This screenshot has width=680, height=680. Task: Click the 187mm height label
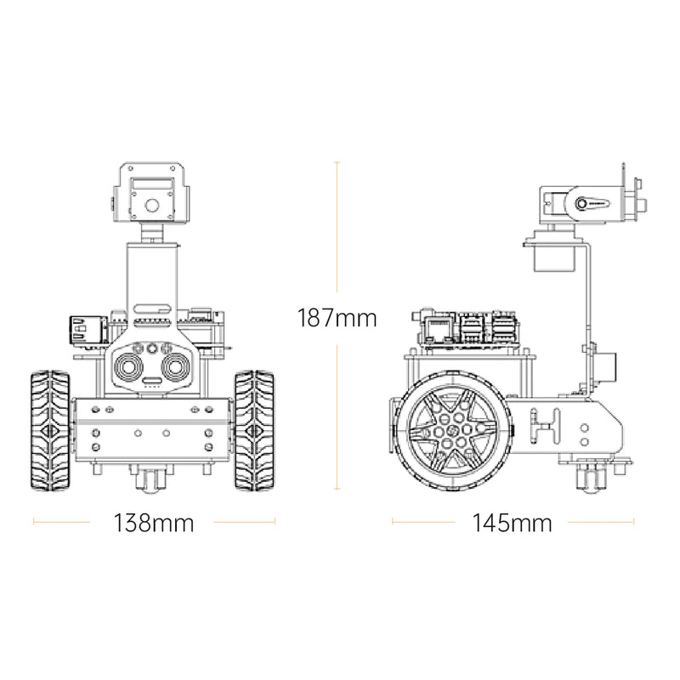point(337,319)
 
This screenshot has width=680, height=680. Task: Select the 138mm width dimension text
point(154,523)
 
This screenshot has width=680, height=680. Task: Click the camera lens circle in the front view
point(153,205)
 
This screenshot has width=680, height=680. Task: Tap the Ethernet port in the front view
point(87,329)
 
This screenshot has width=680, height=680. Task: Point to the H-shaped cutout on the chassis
point(544,424)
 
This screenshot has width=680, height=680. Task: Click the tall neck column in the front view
point(153,276)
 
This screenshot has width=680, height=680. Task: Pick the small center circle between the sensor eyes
point(153,348)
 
